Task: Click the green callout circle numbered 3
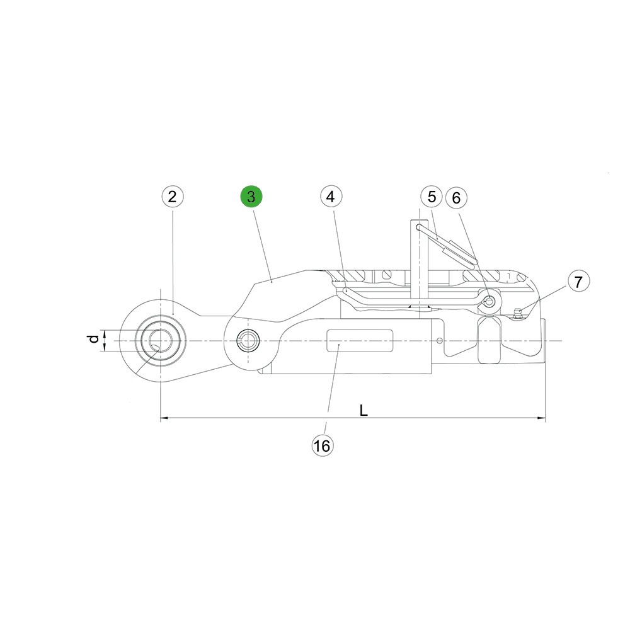(251, 197)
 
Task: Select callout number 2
(173, 197)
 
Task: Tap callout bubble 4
(331, 197)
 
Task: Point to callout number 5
(432, 197)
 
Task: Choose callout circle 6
(456, 198)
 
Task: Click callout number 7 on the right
(578, 282)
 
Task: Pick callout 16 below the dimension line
(322, 445)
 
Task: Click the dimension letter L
(364, 411)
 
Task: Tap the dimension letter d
(94, 339)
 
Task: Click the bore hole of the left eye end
(161, 341)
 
